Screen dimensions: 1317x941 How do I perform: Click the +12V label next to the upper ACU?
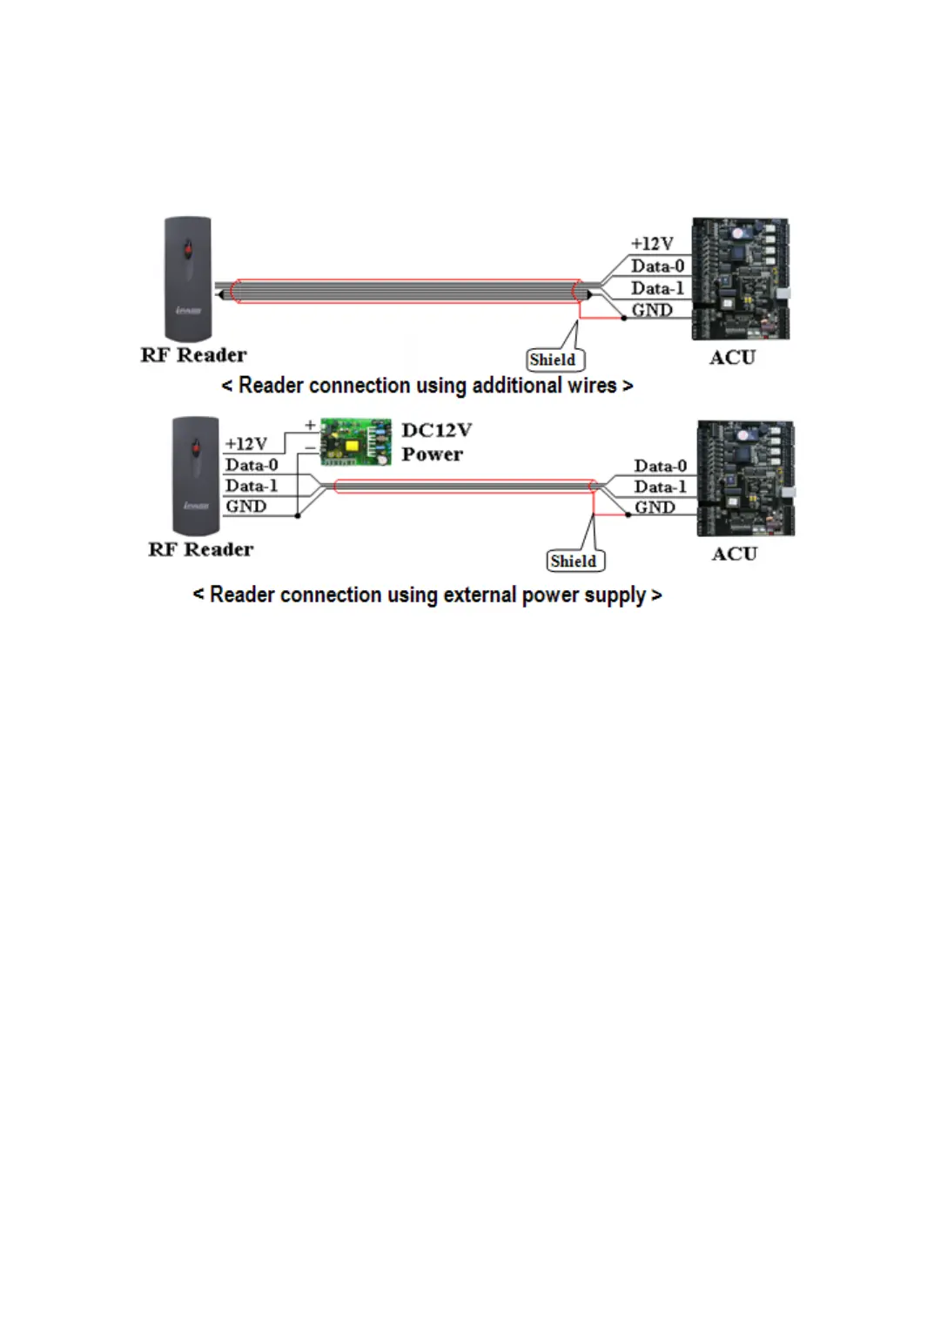652,244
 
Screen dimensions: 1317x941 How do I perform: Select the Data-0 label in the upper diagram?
657,266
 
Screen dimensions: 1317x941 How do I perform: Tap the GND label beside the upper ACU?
652,310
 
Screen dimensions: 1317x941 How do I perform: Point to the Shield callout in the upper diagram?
554,359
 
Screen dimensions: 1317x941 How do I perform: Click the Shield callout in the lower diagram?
574,561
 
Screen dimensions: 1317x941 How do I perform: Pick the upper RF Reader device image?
188,279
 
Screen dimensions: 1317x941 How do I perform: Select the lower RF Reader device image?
195,475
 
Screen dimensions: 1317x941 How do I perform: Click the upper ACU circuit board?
740,279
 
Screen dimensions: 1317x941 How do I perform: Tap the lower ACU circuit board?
745,478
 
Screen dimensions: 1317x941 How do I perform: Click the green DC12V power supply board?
355,441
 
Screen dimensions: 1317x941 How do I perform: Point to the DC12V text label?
436,431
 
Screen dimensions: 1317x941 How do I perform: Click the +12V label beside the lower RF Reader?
246,444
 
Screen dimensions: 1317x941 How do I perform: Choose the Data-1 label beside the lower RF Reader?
252,486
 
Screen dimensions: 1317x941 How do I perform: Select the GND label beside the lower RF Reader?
246,507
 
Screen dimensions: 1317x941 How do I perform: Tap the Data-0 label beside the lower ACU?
660,467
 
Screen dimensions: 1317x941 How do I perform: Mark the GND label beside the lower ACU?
655,507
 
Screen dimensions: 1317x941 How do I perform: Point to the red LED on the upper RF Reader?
187,252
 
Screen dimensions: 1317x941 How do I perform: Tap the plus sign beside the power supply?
310,426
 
